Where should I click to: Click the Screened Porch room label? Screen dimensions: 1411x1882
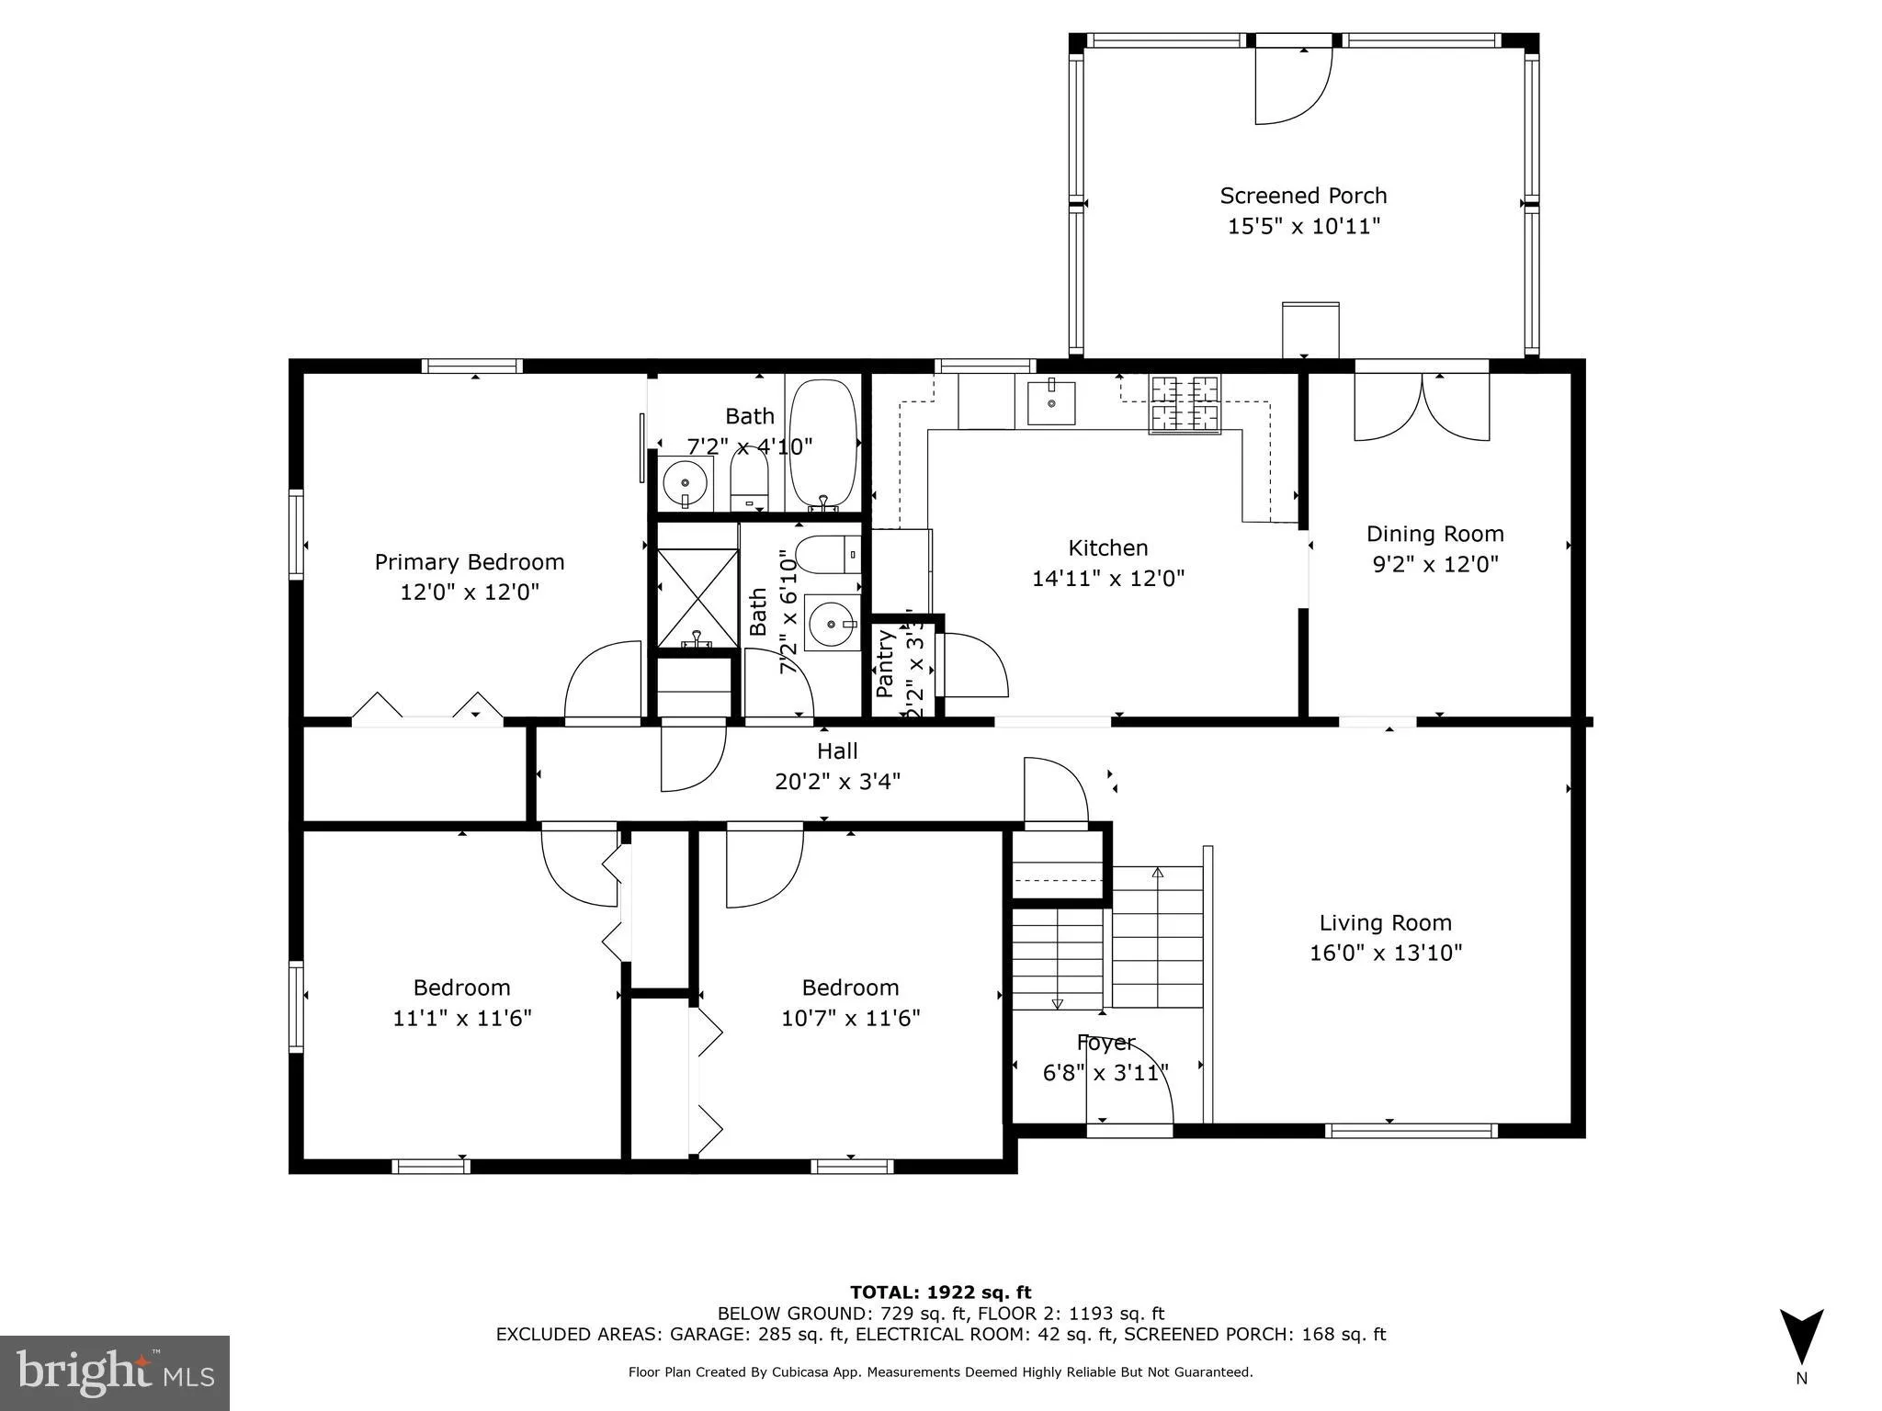pyautogui.click(x=1303, y=196)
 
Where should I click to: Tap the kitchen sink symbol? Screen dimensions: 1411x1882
pyautogui.click(x=1050, y=402)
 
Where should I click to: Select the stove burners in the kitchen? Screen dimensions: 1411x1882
pyautogui.click(x=1185, y=404)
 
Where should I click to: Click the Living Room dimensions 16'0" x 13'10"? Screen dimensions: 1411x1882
pyautogui.click(x=1385, y=953)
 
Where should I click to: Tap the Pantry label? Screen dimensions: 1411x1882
pyautogui.click(x=885, y=662)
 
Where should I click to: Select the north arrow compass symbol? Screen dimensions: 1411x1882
pyautogui.click(x=1801, y=1338)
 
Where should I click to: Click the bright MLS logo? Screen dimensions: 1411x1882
pyautogui.click(x=115, y=1372)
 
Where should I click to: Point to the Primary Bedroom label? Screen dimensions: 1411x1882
pyautogui.click(x=469, y=562)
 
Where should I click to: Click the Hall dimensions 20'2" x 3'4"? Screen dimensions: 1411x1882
pyautogui.click(x=837, y=782)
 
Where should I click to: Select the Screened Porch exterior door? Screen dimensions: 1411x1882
pyautogui.click(x=1293, y=85)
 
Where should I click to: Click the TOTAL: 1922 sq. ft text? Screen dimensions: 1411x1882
pyautogui.click(x=940, y=1292)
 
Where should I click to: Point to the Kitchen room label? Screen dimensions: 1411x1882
pyautogui.click(x=1107, y=548)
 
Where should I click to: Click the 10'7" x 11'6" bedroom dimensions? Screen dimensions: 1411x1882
pyautogui.click(x=850, y=1018)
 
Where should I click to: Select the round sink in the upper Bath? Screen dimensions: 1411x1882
pyautogui.click(x=685, y=482)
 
